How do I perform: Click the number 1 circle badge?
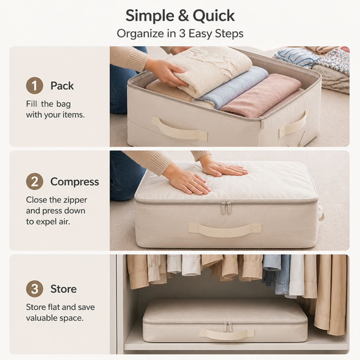click(34, 86)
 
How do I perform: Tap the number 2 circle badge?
click(34, 182)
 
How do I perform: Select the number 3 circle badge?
click(34, 289)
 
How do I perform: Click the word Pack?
click(62, 86)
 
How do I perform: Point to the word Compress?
click(75, 182)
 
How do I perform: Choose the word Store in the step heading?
click(63, 289)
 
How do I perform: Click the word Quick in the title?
click(213, 16)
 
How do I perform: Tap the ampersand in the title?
click(183, 16)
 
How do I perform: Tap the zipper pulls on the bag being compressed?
click(226, 207)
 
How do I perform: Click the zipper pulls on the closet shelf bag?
click(227, 327)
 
